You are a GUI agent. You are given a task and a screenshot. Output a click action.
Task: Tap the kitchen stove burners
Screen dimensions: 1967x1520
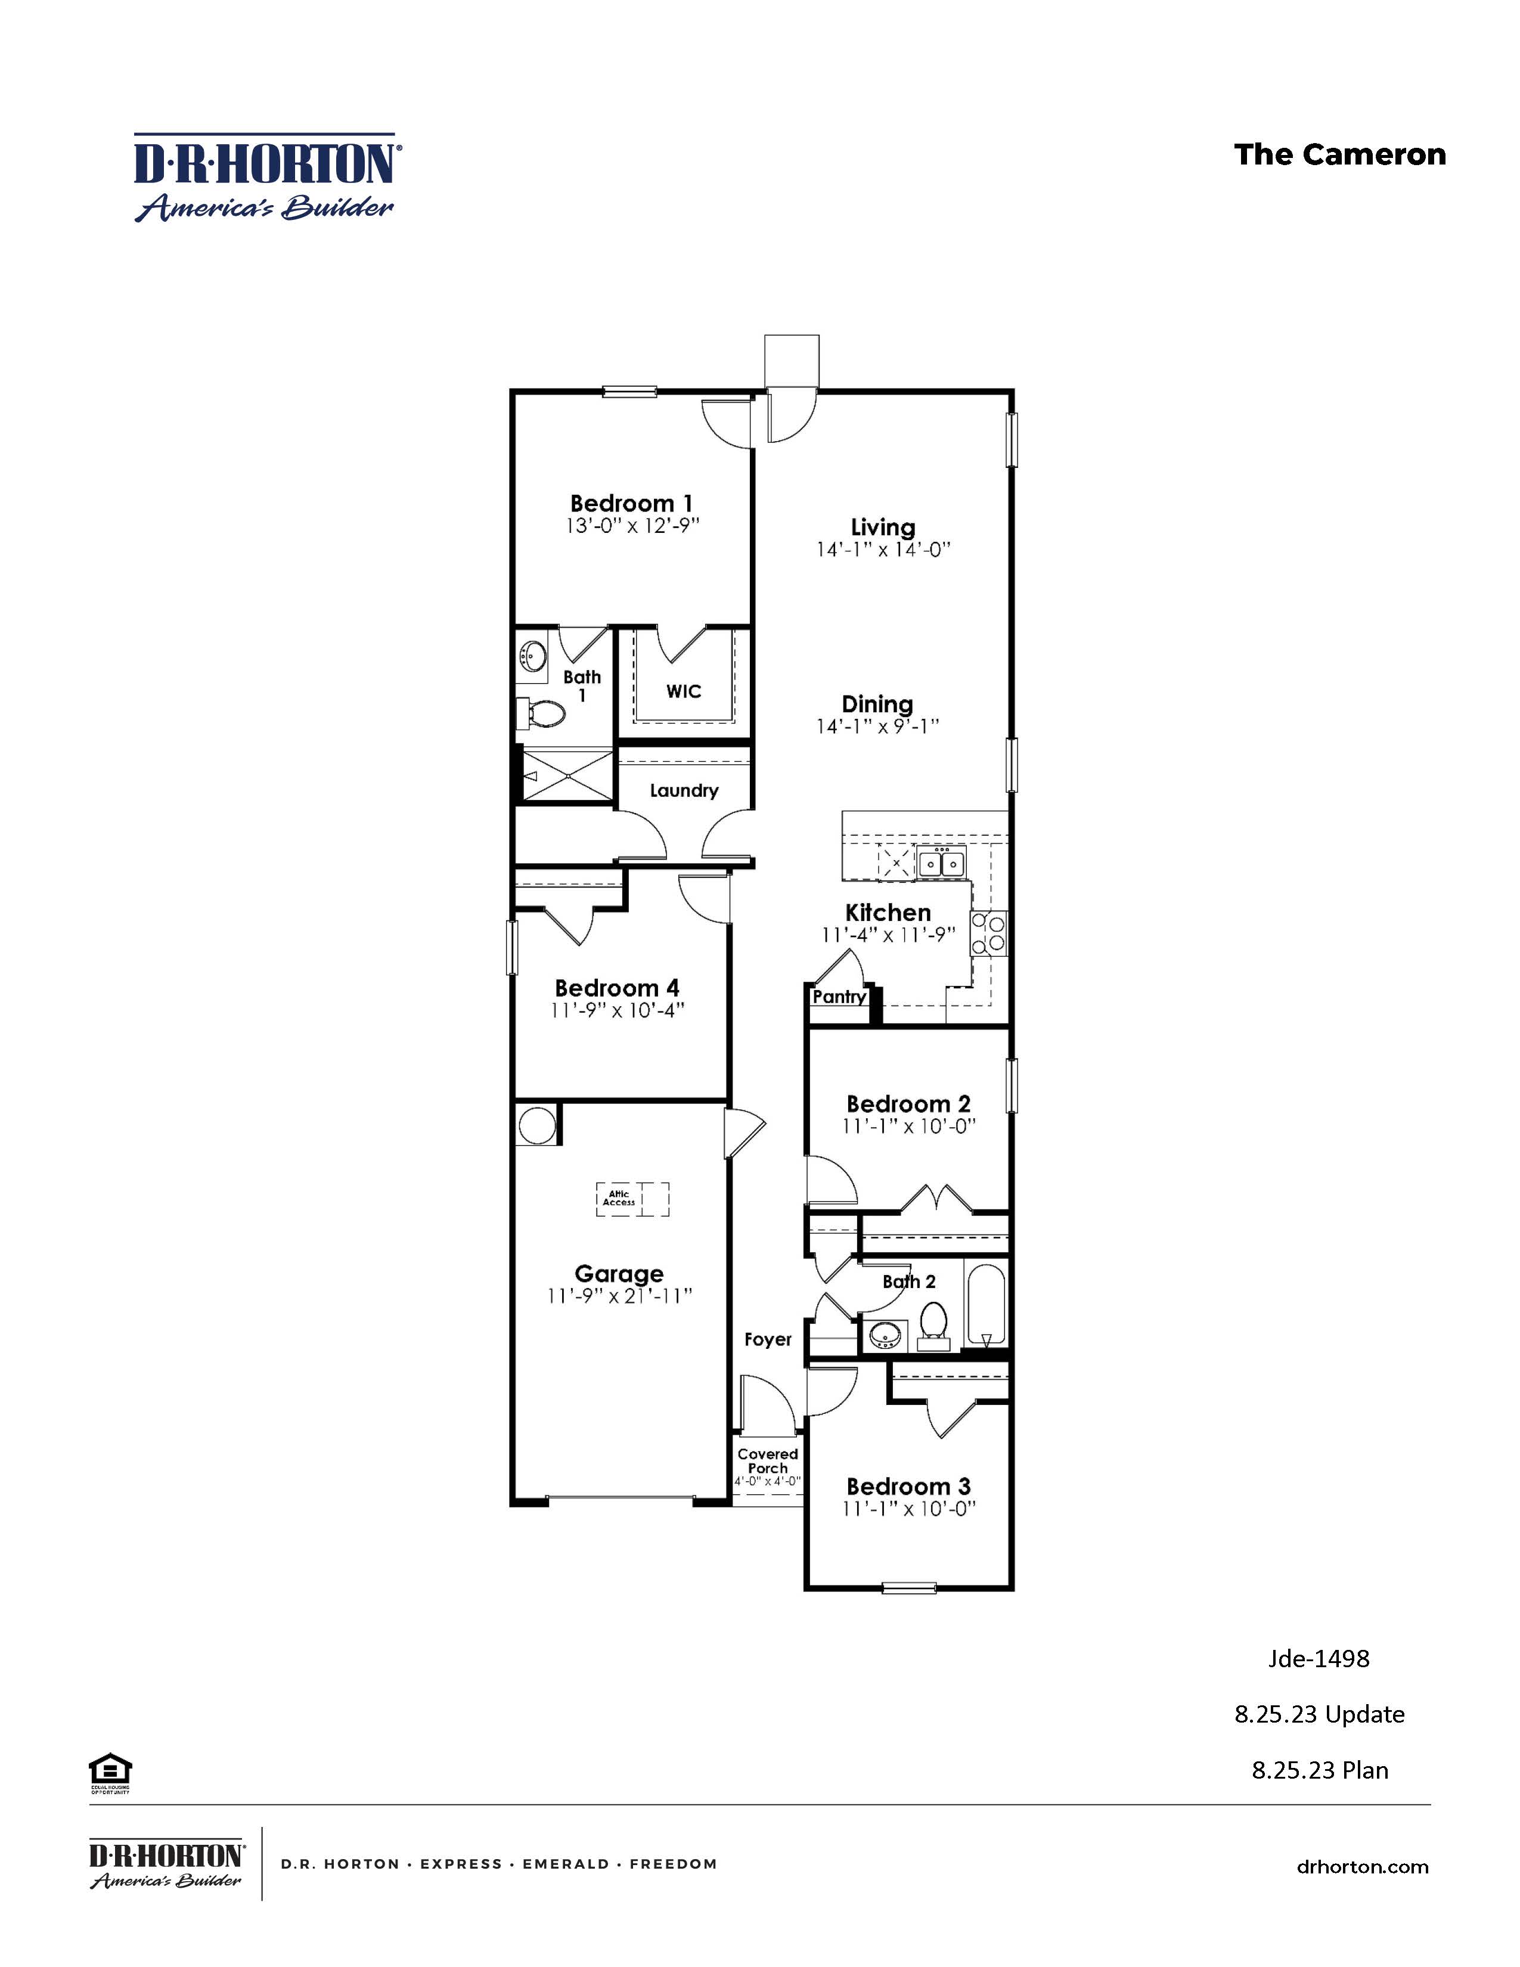pyautogui.click(x=988, y=934)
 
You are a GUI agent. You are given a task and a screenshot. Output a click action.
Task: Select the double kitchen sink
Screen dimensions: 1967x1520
pyautogui.click(x=941, y=864)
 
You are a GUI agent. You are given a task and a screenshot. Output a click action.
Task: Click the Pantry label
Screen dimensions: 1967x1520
pyautogui.click(x=838, y=997)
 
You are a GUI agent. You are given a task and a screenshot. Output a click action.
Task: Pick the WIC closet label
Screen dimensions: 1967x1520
pyautogui.click(x=684, y=691)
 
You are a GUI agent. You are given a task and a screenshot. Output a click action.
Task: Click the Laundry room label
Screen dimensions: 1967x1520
pyautogui.click(x=684, y=791)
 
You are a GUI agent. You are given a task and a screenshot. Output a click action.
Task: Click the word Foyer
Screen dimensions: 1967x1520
pyautogui.click(x=767, y=1339)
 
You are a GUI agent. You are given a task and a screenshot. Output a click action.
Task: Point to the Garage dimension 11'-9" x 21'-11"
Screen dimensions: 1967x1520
pyautogui.click(x=619, y=1296)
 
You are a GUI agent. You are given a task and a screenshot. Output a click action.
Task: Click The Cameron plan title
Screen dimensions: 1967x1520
pyautogui.click(x=1339, y=155)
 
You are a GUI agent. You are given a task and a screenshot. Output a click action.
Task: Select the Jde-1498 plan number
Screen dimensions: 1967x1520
pyautogui.click(x=1319, y=1659)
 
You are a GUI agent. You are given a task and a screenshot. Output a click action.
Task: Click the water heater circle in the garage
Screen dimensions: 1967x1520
pyautogui.click(x=536, y=1126)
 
